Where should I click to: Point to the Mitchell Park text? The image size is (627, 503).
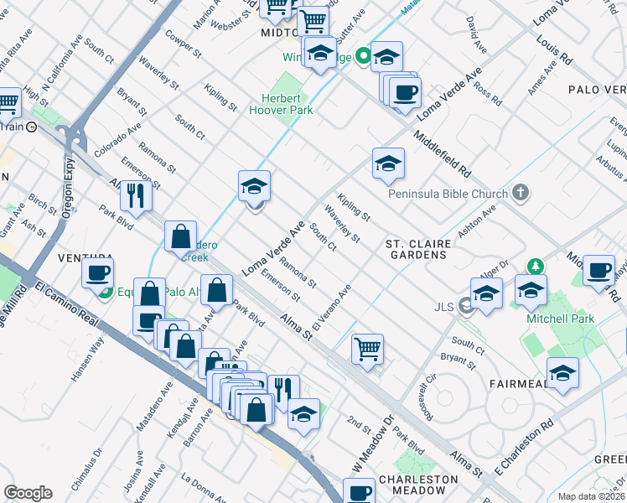560,319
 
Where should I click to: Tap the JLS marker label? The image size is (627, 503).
443,307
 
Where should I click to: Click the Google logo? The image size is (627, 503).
28,493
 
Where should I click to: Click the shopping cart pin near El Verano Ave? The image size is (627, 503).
368,348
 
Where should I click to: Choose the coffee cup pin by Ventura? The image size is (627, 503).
97,273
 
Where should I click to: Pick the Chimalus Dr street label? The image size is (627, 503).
96,466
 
